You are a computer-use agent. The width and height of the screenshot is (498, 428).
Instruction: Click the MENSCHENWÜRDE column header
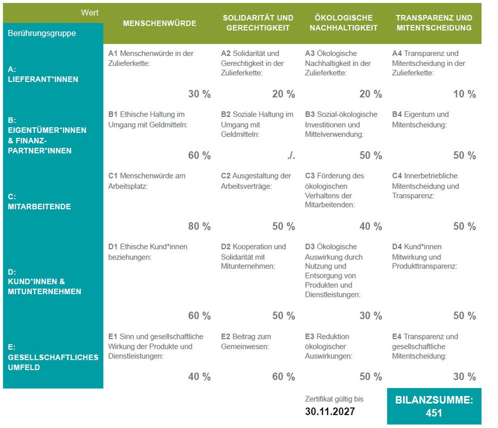pos(159,23)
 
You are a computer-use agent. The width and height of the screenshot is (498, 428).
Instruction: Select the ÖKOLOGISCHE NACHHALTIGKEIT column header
pos(343,23)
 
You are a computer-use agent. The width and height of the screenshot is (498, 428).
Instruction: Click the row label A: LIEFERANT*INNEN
pos(43,74)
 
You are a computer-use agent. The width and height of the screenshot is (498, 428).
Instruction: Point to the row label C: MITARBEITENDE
pos(40,201)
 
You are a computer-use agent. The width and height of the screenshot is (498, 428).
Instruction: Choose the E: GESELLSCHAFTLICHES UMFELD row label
pos(53,357)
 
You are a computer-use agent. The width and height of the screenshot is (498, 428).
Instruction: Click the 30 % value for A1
pos(199,94)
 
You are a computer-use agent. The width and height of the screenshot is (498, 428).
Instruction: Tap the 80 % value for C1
pos(199,227)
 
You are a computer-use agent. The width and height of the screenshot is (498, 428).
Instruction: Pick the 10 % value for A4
pos(465,94)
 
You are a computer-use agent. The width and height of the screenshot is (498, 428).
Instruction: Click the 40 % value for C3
pos(371,227)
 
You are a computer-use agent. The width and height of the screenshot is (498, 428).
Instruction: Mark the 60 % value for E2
pos(284,377)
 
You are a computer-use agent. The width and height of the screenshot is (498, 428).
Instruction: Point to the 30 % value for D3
pos(371,316)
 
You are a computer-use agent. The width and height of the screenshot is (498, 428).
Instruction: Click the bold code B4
pos(397,114)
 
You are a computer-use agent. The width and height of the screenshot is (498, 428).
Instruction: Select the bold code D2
pos(226,247)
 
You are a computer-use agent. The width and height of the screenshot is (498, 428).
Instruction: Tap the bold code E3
pos(310,336)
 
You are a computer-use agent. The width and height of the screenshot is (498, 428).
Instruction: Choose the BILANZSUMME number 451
pos(434,413)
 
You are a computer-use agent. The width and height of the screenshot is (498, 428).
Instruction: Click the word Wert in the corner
pos(89,12)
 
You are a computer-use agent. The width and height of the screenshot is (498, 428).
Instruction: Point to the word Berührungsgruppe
pos(42,33)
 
